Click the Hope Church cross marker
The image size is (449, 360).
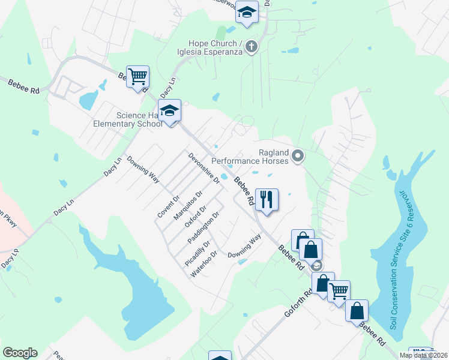click(x=252, y=46)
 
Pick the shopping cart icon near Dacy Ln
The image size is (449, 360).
click(x=138, y=77)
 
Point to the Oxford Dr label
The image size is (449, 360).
click(x=196, y=217)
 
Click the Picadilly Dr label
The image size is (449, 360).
click(x=198, y=254)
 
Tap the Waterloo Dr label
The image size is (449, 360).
click(x=204, y=265)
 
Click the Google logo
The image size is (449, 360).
click(x=20, y=353)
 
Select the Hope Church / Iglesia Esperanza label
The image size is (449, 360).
click(x=215, y=47)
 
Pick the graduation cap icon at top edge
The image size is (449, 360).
click(x=246, y=11)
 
